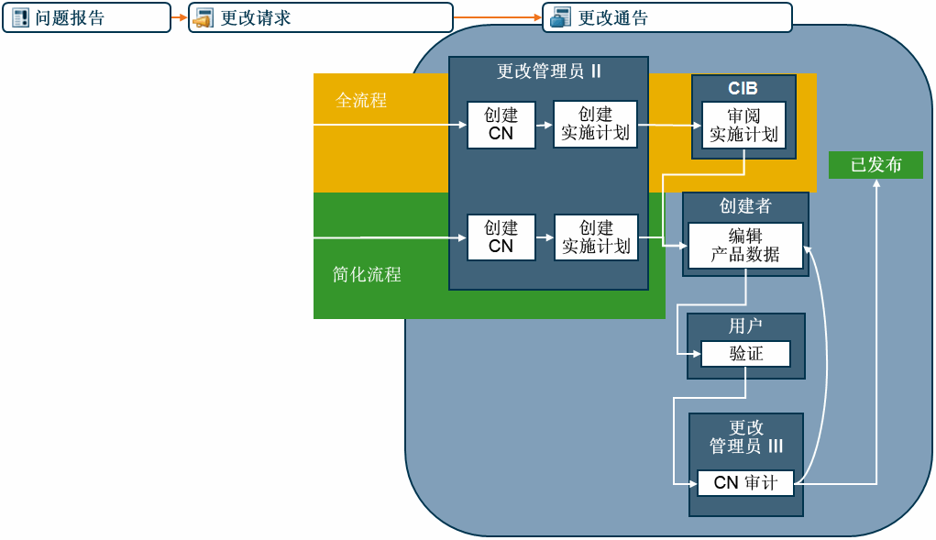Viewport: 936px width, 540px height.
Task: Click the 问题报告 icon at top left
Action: point(20,17)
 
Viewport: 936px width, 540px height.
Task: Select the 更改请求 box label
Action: point(256,17)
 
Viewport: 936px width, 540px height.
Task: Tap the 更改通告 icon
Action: point(559,17)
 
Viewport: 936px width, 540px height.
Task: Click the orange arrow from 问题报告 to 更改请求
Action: point(179,17)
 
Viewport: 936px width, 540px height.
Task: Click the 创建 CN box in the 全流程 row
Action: point(501,125)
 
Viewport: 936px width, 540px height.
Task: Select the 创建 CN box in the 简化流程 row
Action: point(501,237)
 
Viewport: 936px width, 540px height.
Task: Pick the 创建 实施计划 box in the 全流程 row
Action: point(595,125)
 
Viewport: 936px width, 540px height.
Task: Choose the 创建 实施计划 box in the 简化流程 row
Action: point(595,237)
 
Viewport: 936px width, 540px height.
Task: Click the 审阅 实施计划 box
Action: point(743,125)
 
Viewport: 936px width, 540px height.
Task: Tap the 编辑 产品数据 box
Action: point(745,246)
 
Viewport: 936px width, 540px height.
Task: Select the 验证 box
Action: point(745,354)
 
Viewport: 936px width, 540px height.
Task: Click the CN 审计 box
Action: point(745,482)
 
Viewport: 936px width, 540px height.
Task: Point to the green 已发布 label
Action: point(875,165)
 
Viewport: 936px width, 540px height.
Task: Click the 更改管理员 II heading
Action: point(548,72)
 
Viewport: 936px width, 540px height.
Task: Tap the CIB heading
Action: point(743,89)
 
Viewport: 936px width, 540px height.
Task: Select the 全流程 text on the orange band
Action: point(361,101)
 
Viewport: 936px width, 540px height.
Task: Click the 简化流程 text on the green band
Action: point(367,274)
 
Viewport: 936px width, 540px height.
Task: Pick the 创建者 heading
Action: point(745,206)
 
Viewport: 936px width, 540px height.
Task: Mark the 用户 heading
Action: point(745,326)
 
